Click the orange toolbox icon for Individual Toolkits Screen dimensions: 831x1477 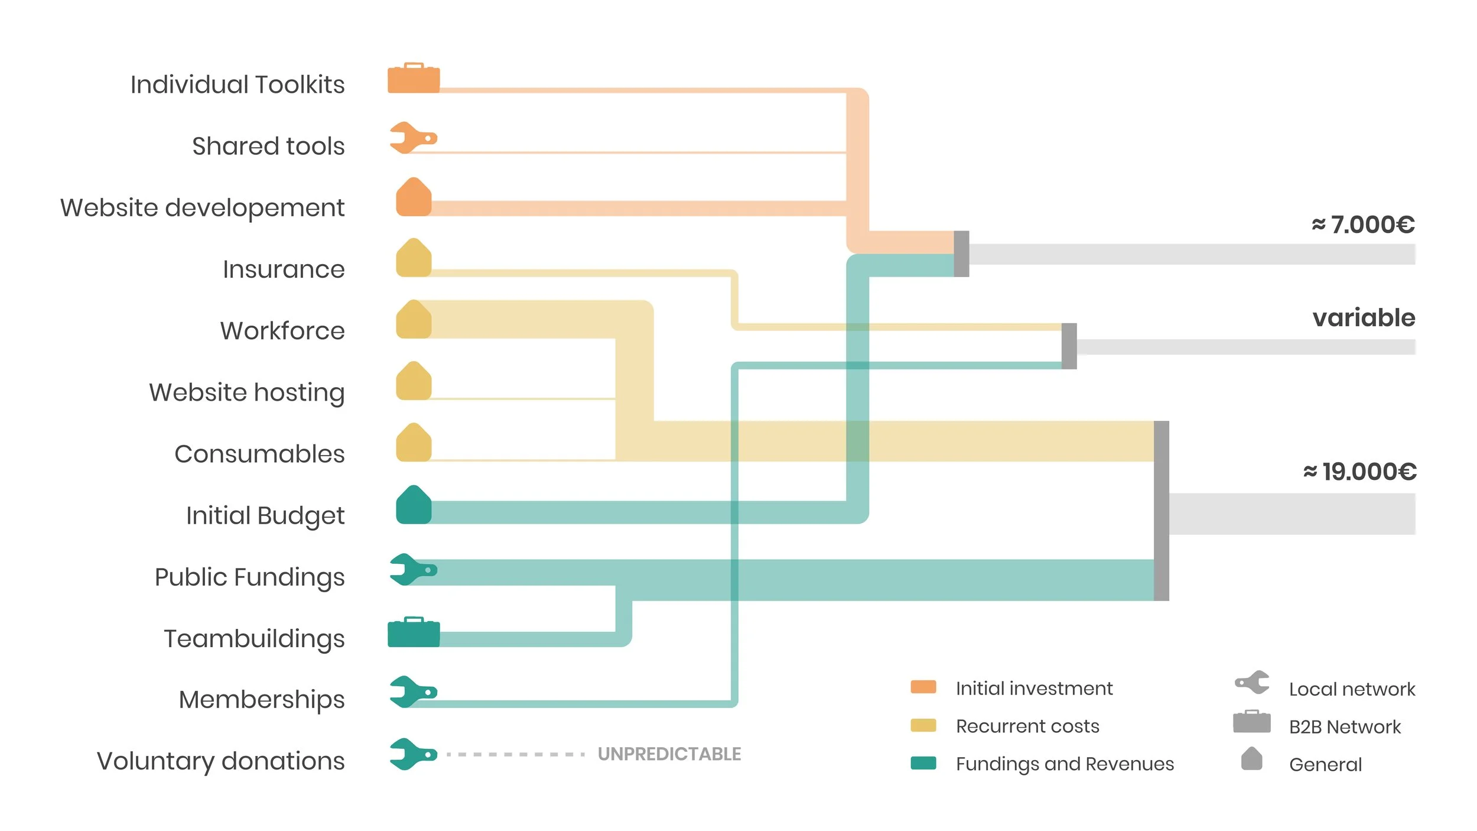(x=414, y=78)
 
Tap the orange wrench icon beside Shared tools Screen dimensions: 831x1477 (x=412, y=138)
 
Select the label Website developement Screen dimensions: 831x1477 (x=202, y=207)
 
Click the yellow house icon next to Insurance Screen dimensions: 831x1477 (x=414, y=258)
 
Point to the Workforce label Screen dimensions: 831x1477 (x=282, y=330)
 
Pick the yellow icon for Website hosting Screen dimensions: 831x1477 (x=414, y=381)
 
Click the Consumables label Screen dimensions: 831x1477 (x=259, y=454)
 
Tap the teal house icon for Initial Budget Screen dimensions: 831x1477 (x=414, y=505)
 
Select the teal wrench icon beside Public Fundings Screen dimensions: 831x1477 (x=412, y=570)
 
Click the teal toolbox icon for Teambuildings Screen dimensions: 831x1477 (x=414, y=632)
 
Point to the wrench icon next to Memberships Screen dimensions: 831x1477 (x=412, y=692)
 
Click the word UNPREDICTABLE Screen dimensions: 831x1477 (x=669, y=754)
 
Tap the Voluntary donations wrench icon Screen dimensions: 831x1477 (x=412, y=754)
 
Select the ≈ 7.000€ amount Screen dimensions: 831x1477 (x=1363, y=225)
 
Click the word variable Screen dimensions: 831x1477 (x=1364, y=318)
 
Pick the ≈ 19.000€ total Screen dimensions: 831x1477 (x=1359, y=472)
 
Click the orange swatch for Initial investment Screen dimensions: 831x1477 (x=923, y=687)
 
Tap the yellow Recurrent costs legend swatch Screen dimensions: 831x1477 (x=923, y=725)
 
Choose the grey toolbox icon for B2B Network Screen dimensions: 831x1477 (x=1251, y=722)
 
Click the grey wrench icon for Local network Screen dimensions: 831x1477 (x=1252, y=683)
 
